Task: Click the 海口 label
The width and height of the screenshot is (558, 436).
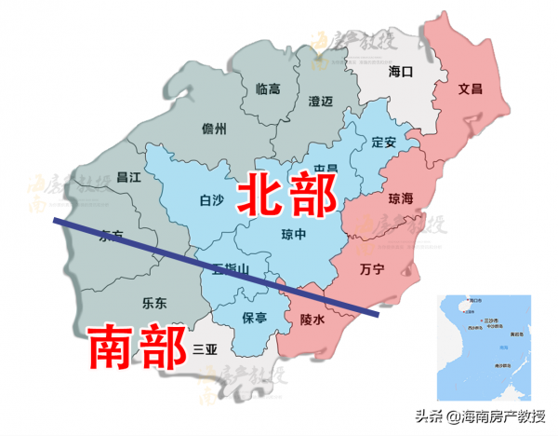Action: point(399,71)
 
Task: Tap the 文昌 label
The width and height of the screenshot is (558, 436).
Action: point(471,89)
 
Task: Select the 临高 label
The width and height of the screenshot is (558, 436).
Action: point(268,89)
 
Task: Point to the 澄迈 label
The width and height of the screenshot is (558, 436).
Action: point(320,100)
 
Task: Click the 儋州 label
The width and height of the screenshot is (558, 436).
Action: point(215,129)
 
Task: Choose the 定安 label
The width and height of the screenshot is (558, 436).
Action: point(384,143)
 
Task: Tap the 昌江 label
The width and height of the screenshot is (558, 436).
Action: point(127,176)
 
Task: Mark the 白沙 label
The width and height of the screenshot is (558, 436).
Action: point(212,199)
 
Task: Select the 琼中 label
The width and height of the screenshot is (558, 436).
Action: point(294,235)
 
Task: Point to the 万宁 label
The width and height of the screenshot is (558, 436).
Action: point(371,270)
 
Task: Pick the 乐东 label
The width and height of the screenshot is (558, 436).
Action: point(154,303)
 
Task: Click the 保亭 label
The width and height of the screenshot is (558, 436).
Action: point(255,318)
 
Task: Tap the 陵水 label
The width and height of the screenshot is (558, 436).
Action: point(312,320)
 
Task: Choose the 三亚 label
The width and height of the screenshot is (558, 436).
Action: point(204,349)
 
